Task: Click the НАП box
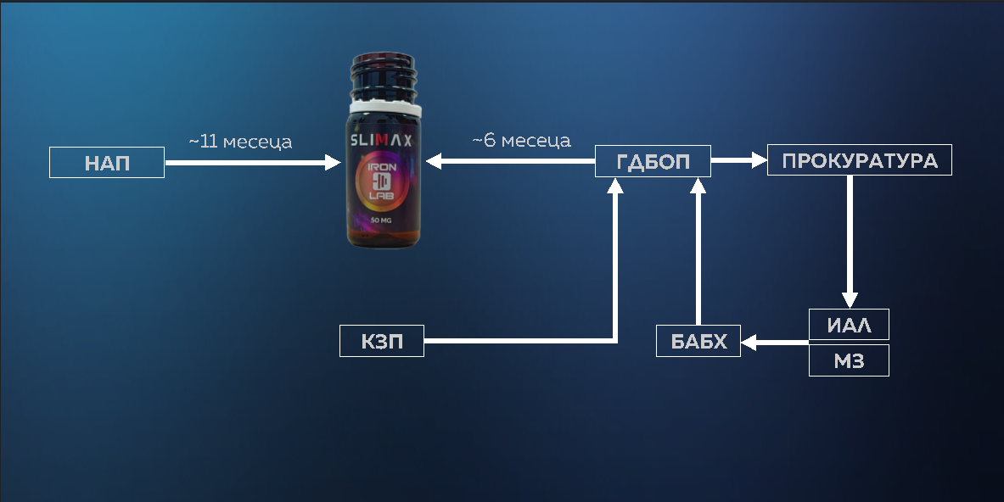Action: pos(107,163)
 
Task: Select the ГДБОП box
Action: pos(653,161)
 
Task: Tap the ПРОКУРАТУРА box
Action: pos(859,160)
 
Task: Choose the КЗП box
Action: pos(381,341)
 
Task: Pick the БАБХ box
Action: pos(698,341)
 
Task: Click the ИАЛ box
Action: pos(849,324)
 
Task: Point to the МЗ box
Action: pos(849,360)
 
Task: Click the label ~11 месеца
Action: pos(240,142)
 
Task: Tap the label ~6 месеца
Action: pos(521,140)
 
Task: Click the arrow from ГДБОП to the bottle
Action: pos(509,161)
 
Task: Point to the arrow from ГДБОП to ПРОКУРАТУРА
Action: pos(738,159)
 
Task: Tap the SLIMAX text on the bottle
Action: pos(381,141)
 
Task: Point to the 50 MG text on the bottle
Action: pos(381,220)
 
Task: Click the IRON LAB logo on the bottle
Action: pos(381,181)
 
